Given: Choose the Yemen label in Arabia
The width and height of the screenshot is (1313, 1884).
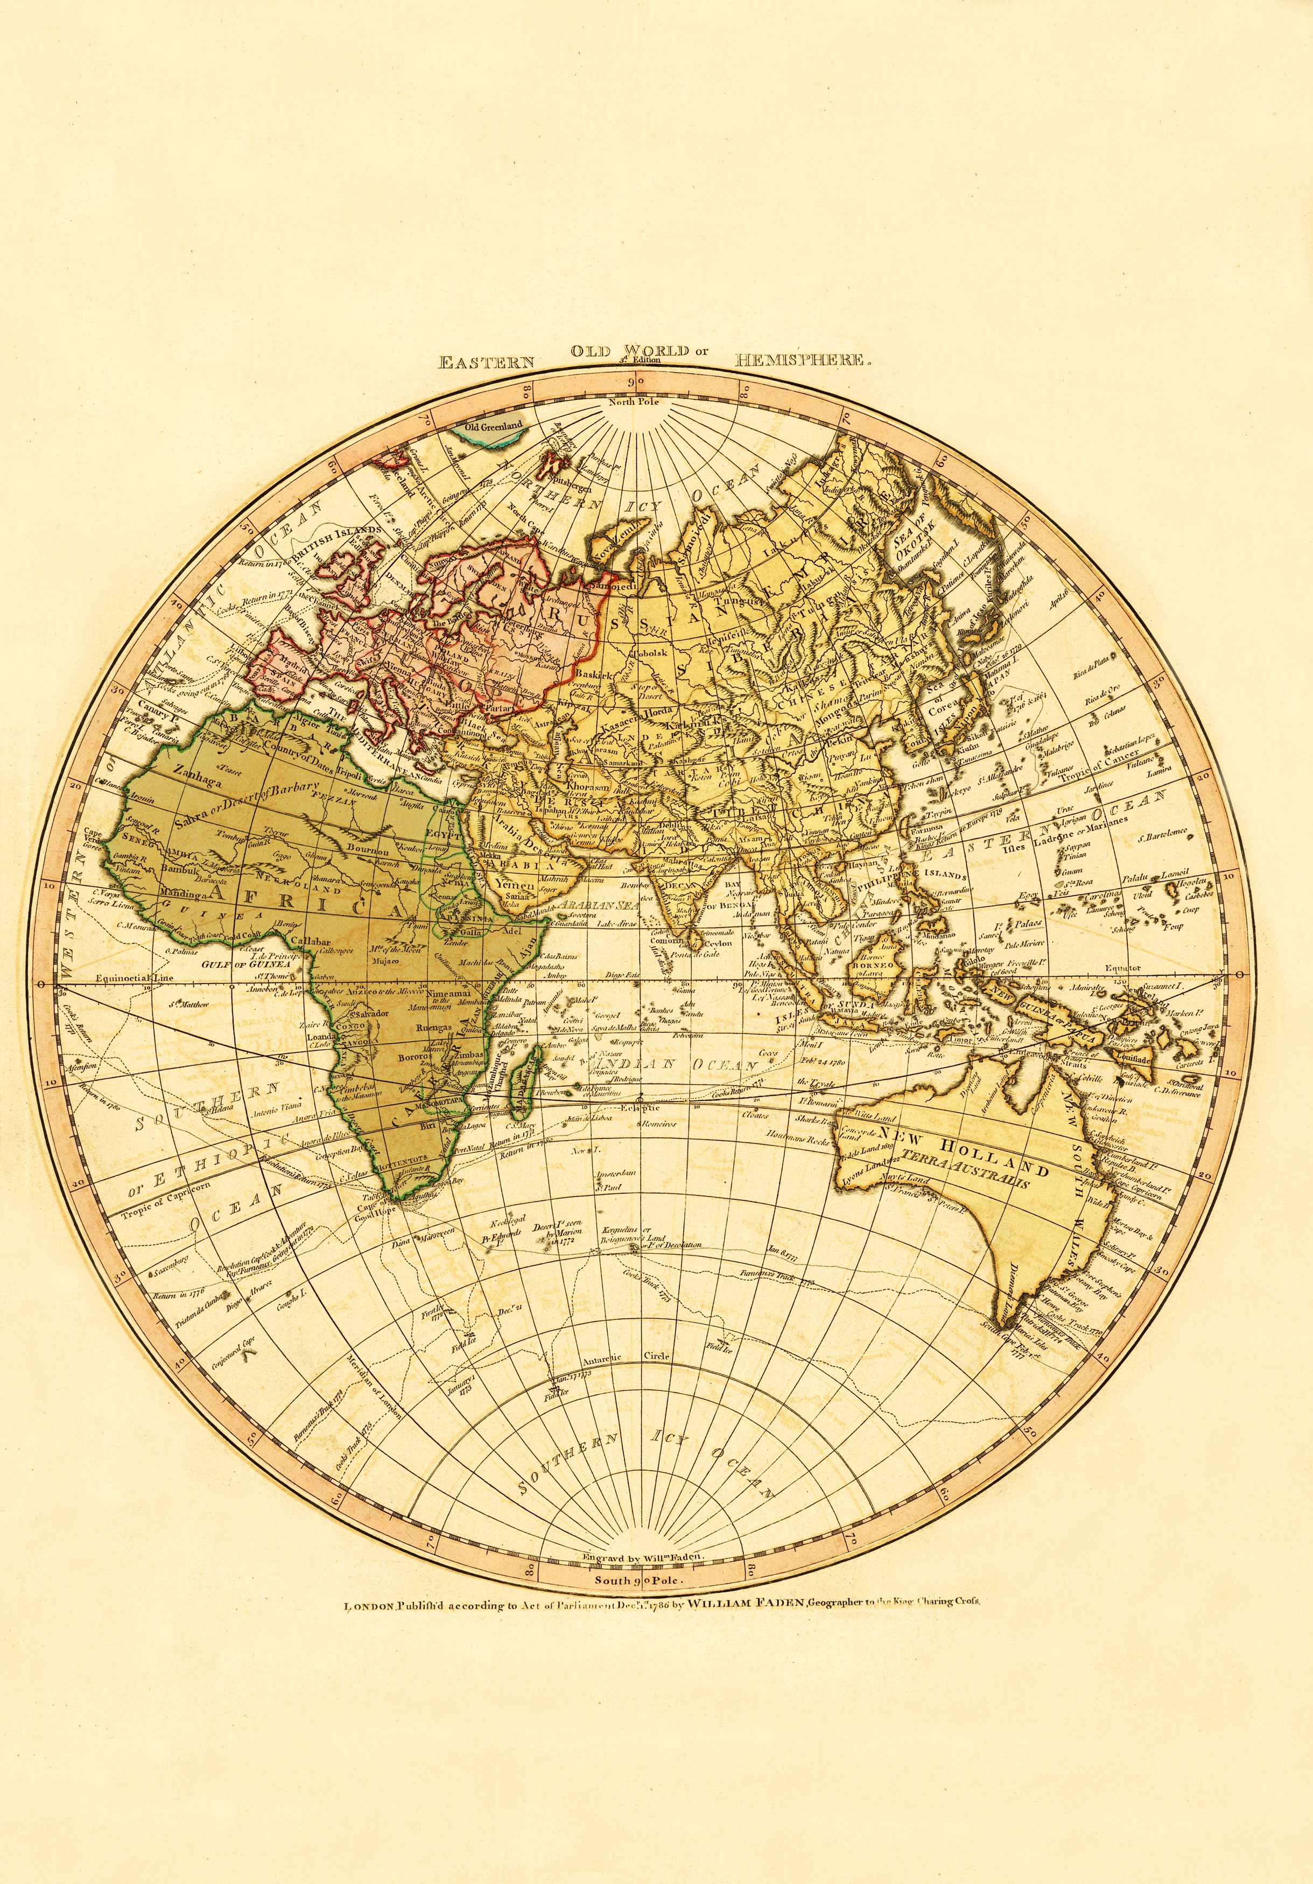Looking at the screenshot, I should [x=515, y=886].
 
